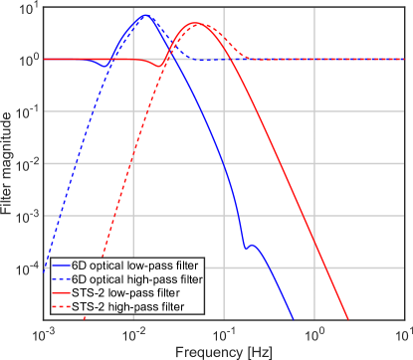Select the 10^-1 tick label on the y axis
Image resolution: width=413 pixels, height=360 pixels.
(26, 112)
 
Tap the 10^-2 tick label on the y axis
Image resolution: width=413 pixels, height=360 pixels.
(26, 164)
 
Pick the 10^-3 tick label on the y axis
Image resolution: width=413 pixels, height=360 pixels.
(26, 216)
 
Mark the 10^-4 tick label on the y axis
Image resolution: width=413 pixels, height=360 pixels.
(26, 268)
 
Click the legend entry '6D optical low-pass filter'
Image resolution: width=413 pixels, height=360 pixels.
(134, 268)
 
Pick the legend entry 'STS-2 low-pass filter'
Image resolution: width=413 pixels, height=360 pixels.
(127, 295)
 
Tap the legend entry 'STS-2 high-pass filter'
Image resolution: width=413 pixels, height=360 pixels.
(129, 308)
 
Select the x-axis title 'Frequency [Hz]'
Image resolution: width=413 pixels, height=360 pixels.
(225, 351)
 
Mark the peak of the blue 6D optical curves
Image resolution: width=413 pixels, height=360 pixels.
(145, 16)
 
